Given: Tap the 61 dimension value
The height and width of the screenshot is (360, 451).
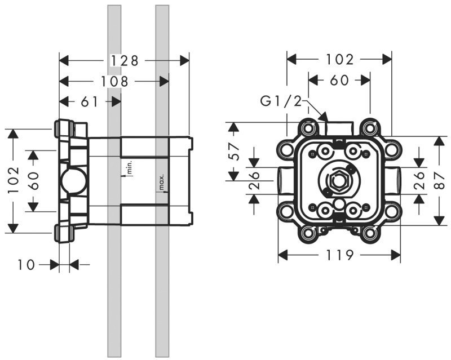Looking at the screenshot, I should [90, 102].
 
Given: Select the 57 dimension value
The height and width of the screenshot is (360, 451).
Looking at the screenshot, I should [235, 152].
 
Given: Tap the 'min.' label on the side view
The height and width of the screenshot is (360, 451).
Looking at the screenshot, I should [129, 167].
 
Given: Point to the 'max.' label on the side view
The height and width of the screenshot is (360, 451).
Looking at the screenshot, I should [161, 183].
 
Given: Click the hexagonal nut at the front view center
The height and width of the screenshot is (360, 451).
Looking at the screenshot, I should [339, 181].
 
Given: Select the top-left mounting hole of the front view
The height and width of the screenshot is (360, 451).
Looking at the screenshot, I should [308, 128].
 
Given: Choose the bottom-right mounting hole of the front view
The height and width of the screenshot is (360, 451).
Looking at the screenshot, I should [370, 233].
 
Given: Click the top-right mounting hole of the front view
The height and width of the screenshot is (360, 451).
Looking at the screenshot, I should [370, 128].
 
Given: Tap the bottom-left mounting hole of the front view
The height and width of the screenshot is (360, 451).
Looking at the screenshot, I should [308, 233].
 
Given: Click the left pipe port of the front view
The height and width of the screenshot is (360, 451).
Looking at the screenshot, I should [284, 181].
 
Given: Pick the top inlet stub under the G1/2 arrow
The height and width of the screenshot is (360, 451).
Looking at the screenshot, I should [339, 128].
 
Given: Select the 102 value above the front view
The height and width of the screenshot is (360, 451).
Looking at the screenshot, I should [339, 59].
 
